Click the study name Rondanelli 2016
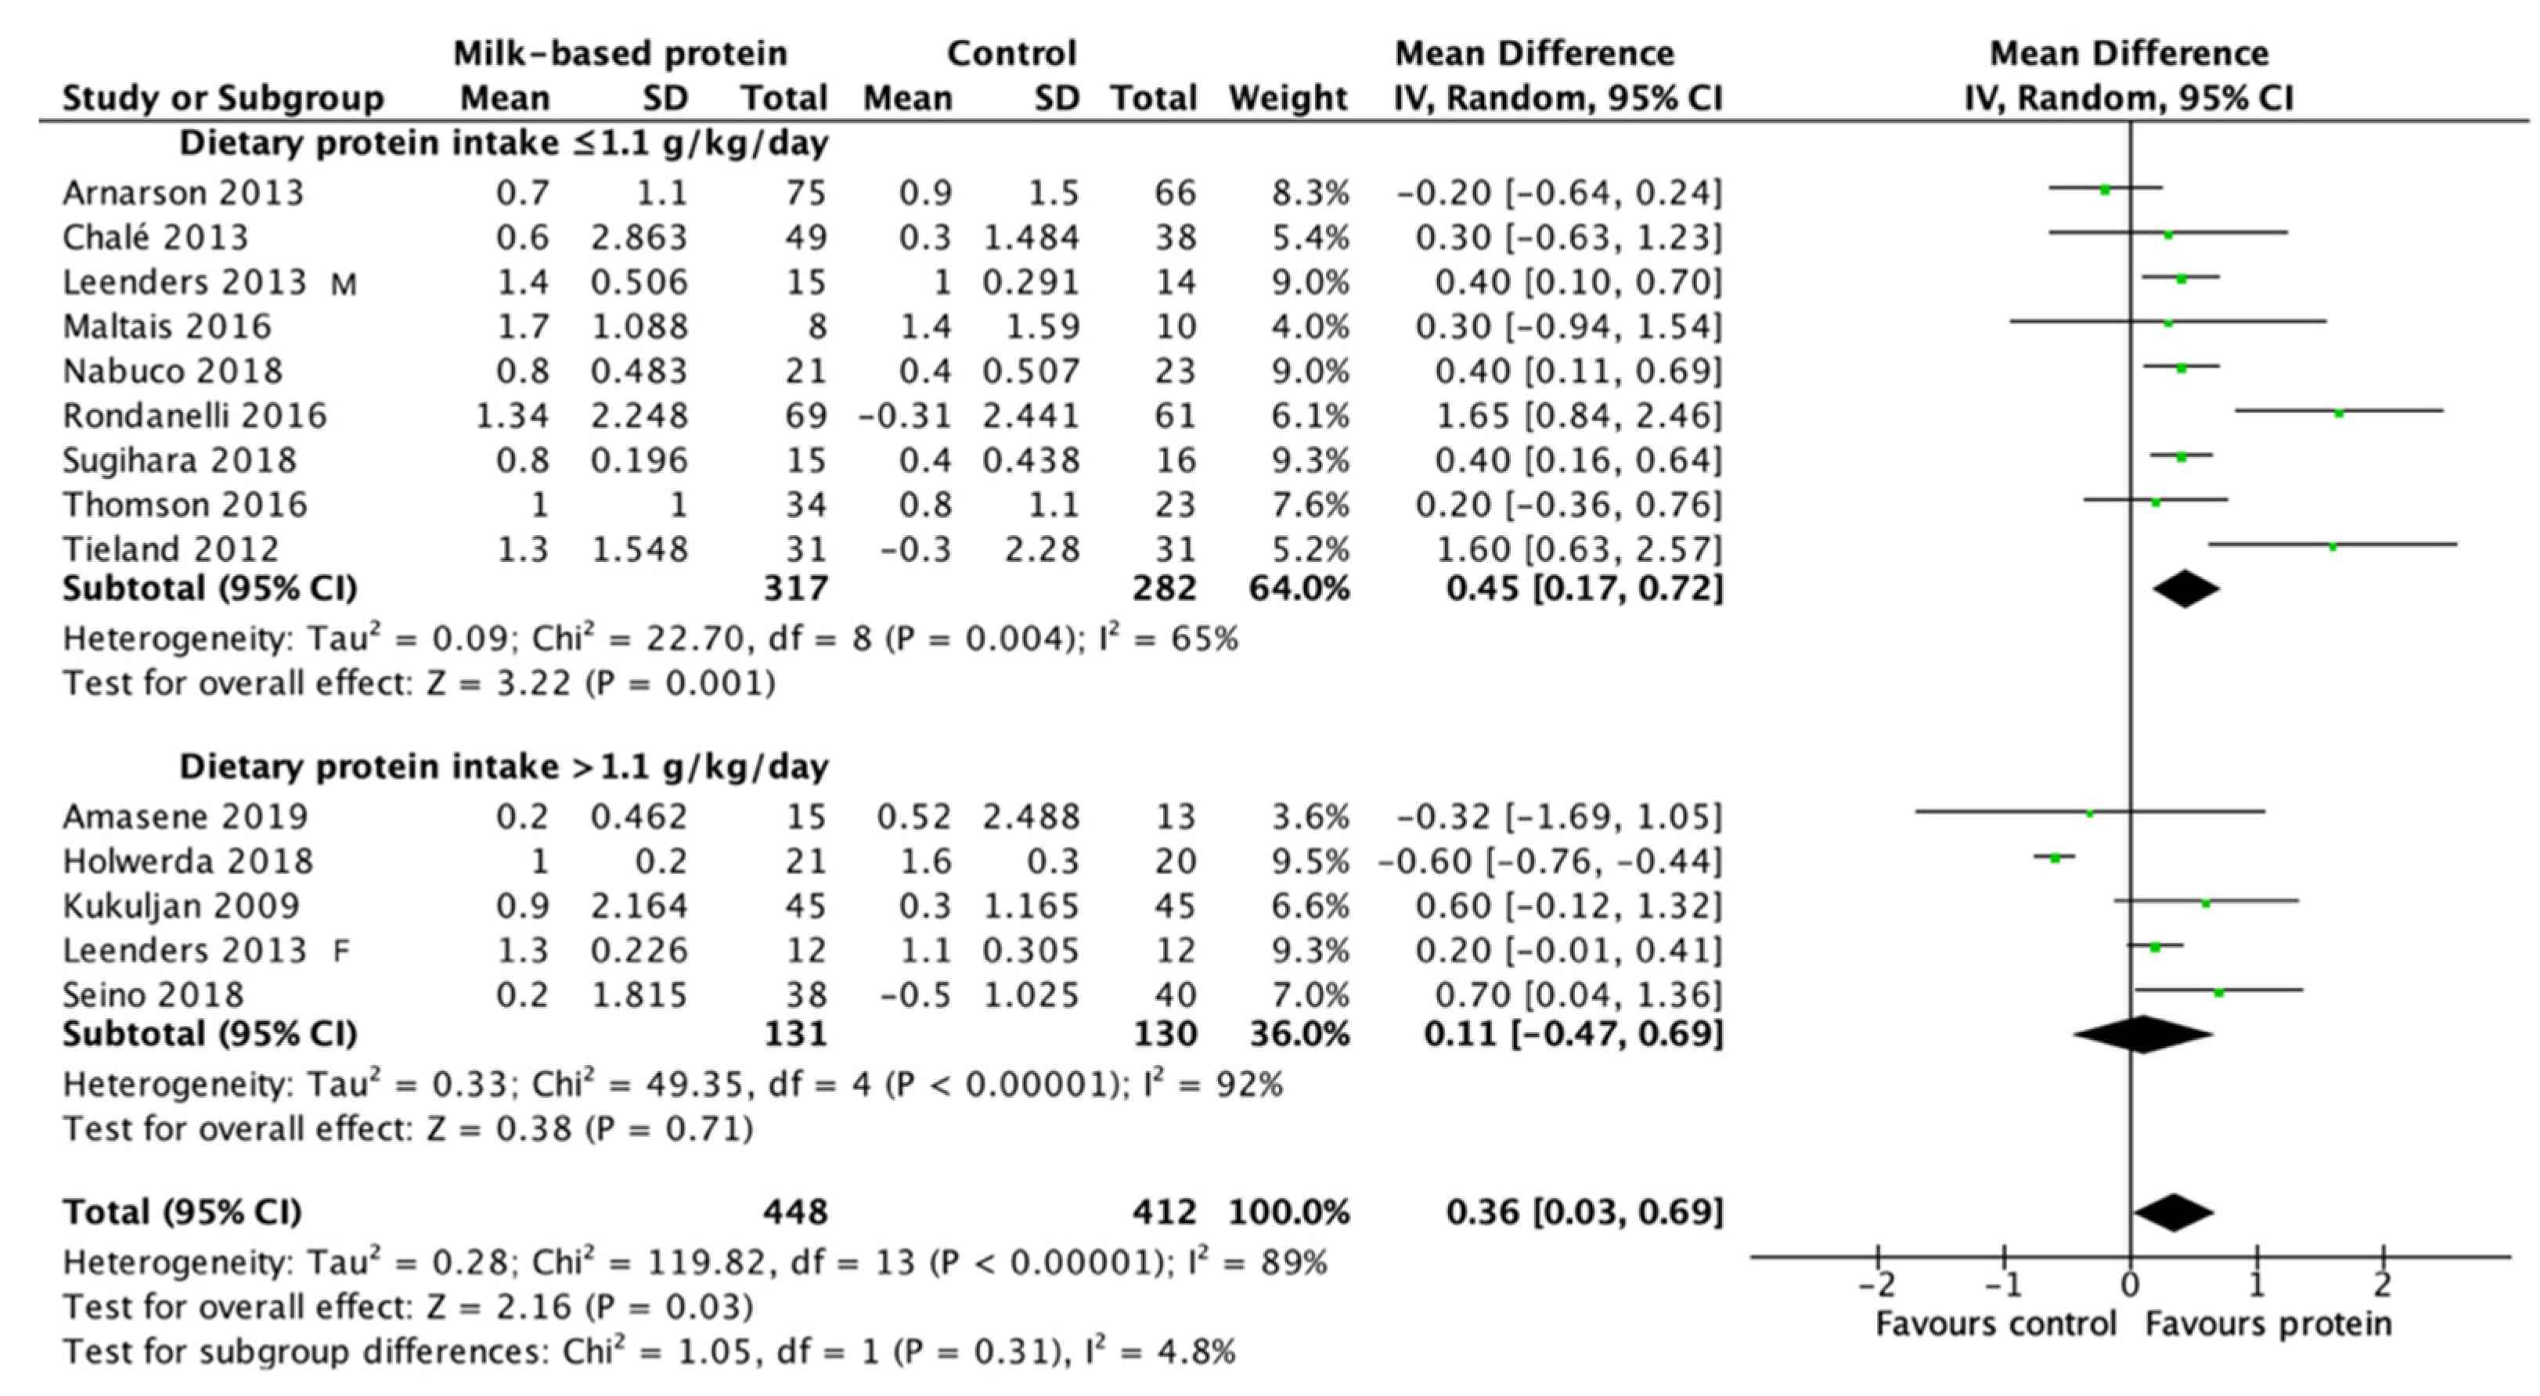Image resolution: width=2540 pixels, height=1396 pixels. coord(194,416)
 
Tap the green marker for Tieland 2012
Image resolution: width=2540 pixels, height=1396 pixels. coord(2333,546)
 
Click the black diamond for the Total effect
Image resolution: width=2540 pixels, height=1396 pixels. coord(2173,1213)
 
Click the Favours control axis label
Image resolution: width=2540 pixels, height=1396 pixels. coord(1996,1323)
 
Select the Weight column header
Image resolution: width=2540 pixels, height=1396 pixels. coord(1288,99)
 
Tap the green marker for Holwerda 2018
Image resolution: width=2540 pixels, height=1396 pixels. coord(2055,858)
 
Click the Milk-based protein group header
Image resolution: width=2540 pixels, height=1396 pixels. coord(620,53)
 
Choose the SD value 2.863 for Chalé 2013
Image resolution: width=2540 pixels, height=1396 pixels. coord(639,238)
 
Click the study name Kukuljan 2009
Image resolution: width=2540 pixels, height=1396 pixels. coord(182,906)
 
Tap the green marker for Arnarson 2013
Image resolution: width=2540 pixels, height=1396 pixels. coord(2105,189)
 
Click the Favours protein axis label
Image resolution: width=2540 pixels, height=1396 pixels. coord(2268,1323)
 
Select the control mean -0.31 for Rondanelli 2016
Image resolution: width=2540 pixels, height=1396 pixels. coord(904,416)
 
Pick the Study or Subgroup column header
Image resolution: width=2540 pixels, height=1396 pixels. coord(223,99)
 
